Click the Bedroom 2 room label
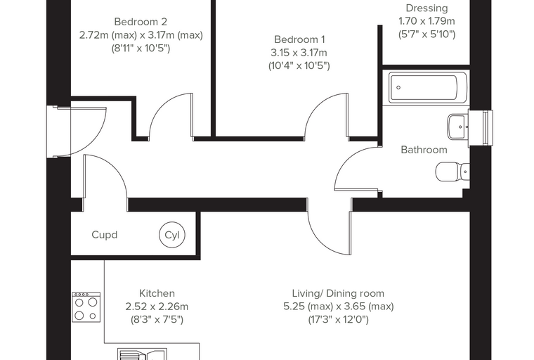tap(141, 22)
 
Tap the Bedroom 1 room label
tap(299, 39)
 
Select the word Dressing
tap(426, 8)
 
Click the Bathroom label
tap(424, 150)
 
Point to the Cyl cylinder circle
tap(172, 235)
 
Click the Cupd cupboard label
tap(105, 235)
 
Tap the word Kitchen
tap(157, 293)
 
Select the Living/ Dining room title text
tap(338, 293)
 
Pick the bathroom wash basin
tap(458, 127)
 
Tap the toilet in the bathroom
tap(452, 172)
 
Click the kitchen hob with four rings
tap(86, 307)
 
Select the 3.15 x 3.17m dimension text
tap(299, 53)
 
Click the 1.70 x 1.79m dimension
tap(426, 21)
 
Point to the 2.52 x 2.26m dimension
tap(157, 307)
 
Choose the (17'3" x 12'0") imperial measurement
tap(339, 320)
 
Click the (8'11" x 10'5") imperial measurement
tap(141, 49)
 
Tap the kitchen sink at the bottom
tap(143, 354)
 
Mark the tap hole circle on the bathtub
tap(398, 88)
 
